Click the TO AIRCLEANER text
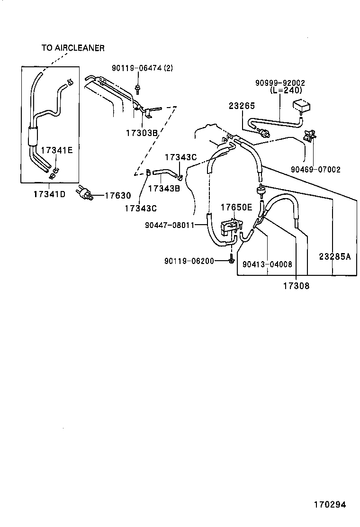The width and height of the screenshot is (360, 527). click(72, 48)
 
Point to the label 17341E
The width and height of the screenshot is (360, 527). click(56, 150)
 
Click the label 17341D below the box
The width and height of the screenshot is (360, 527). click(49, 194)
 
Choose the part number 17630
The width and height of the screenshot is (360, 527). click(117, 195)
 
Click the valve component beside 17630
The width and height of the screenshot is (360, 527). click(85, 193)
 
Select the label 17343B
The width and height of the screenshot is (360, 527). click(164, 188)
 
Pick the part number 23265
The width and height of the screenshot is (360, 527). click(242, 107)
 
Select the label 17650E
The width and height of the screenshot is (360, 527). click(236, 207)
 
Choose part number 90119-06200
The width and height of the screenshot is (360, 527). click(189, 261)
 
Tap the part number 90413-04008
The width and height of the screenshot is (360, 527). click(267, 264)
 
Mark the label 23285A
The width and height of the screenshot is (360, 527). click(334, 256)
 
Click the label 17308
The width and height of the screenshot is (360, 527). click(296, 286)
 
